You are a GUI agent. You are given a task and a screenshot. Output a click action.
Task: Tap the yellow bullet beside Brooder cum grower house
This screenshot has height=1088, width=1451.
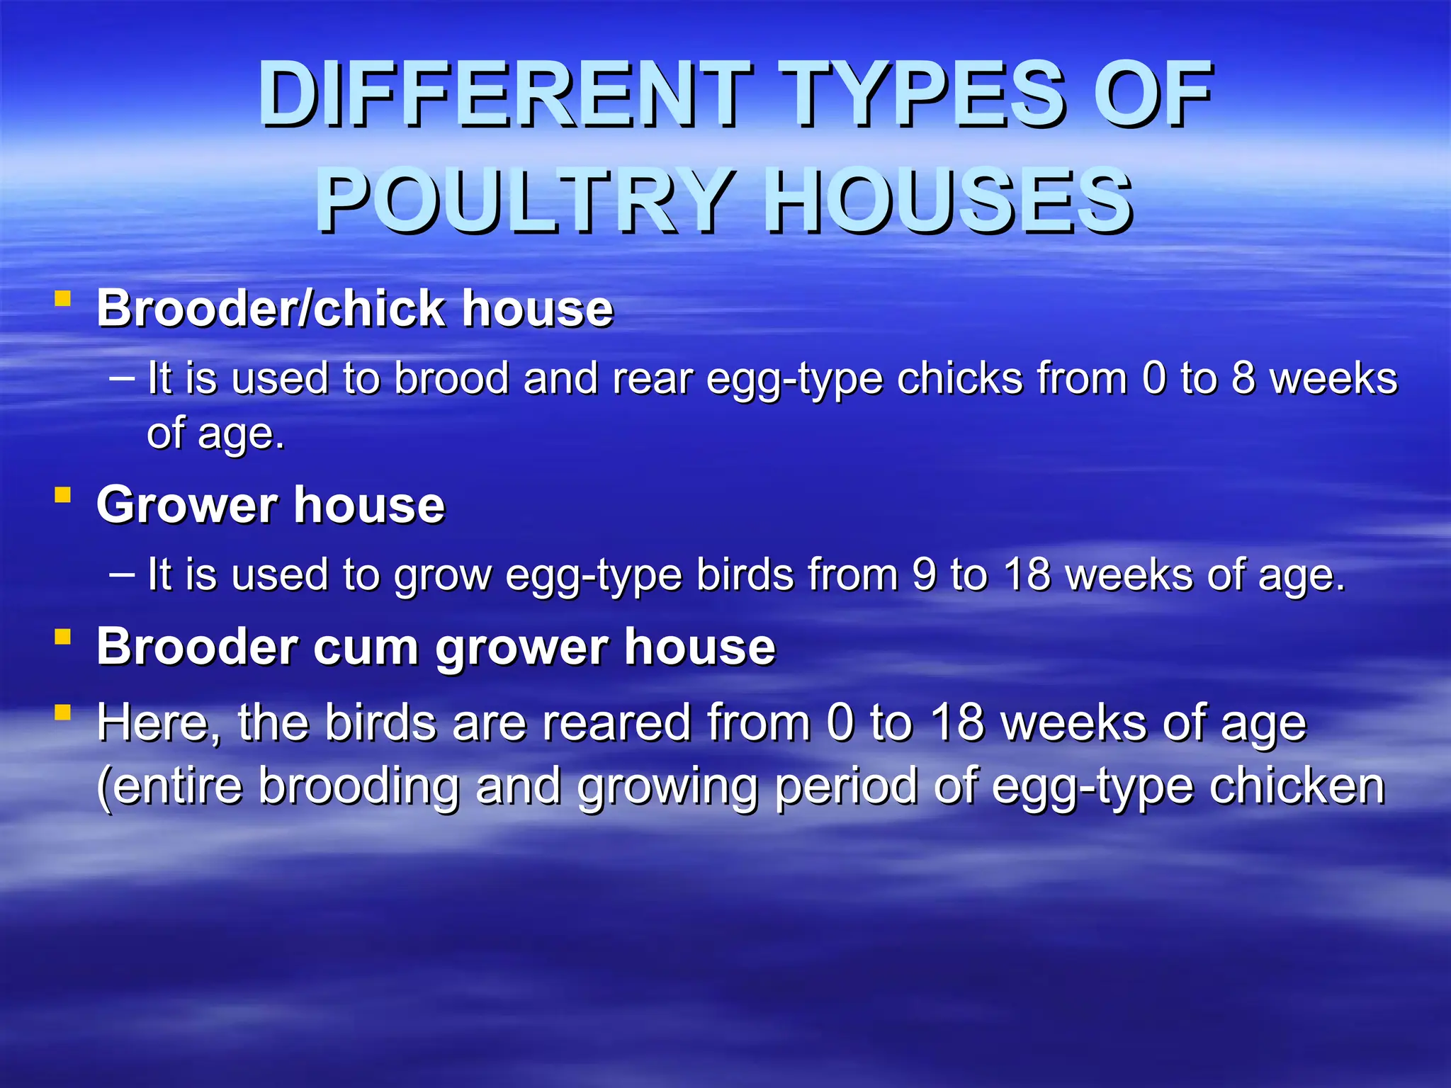63,637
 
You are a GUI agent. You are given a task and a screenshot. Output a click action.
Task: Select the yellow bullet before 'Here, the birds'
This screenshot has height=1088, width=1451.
63,712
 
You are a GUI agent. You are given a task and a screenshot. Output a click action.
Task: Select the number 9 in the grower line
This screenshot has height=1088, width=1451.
924,574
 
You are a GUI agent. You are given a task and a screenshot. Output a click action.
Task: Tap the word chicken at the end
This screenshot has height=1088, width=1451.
1297,786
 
